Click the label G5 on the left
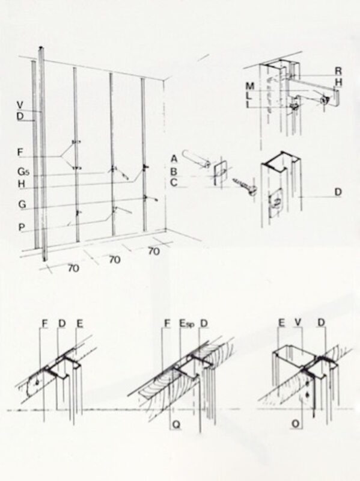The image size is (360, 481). (23, 171)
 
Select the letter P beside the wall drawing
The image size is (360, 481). (22, 227)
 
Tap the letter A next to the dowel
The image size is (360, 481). (174, 159)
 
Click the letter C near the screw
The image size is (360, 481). (174, 183)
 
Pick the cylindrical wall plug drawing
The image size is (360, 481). (196, 159)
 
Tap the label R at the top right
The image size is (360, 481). (338, 71)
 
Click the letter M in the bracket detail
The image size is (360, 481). (250, 86)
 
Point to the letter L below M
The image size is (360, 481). (249, 96)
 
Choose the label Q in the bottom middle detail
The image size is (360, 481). (176, 424)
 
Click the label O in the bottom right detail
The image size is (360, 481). (296, 424)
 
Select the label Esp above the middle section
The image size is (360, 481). (187, 323)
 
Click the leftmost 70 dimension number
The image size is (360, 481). (73, 268)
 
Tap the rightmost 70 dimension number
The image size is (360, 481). (154, 251)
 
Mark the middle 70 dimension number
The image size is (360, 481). (114, 260)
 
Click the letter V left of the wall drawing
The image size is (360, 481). (20, 105)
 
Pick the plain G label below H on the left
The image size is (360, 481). (22, 204)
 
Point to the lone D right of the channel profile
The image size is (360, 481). (338, 192)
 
